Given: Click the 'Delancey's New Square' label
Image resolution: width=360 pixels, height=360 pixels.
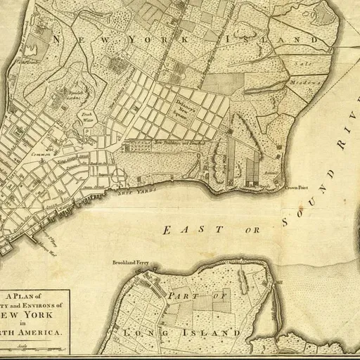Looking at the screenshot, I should (186, 108).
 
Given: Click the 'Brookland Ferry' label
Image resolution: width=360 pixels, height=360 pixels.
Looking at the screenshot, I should (131, 264).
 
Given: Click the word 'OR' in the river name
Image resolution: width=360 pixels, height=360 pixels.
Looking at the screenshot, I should (252, 230).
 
